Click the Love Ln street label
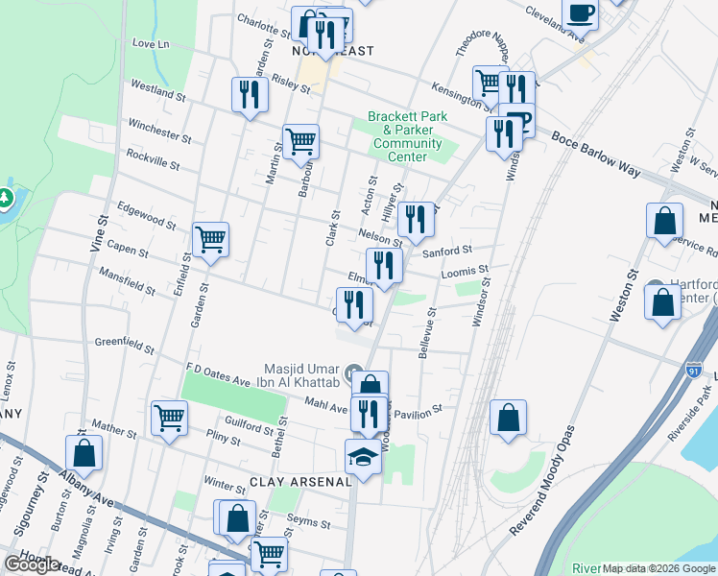150,44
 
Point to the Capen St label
128,248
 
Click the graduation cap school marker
364,457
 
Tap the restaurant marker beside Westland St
250,94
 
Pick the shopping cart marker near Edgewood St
210,239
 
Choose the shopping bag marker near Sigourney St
84,453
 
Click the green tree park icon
7,199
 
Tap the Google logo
32,564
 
